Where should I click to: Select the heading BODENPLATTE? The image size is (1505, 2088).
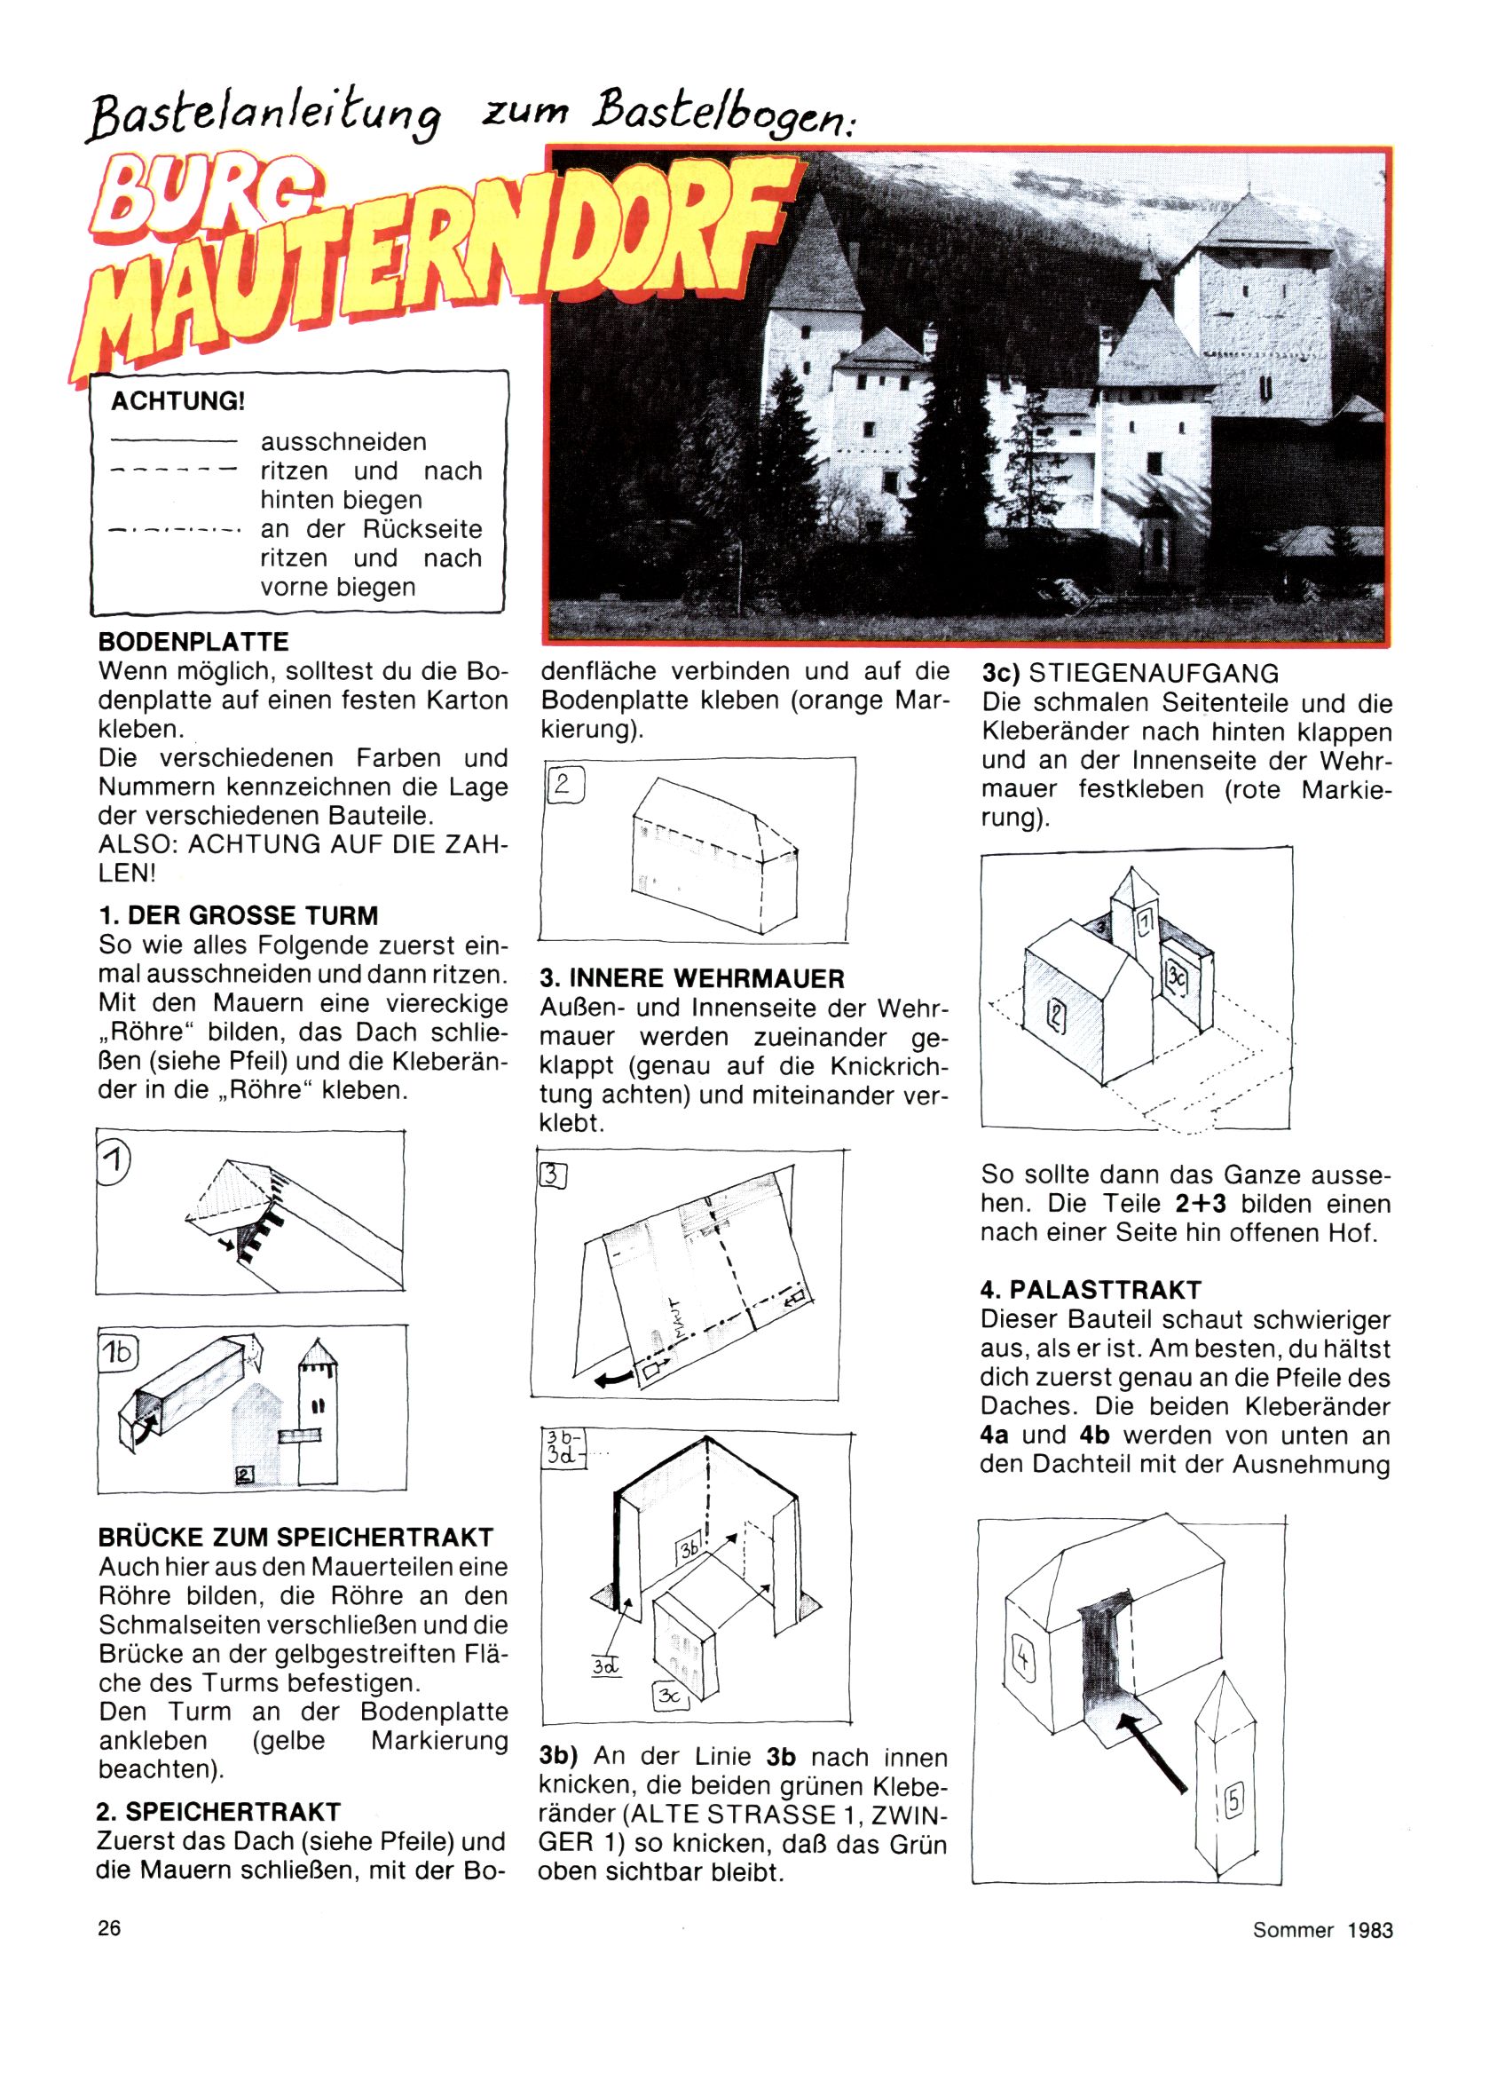193,642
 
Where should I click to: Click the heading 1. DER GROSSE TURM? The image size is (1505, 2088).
238,916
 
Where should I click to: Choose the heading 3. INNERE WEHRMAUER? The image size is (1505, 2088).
692,977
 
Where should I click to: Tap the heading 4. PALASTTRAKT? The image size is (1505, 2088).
1091,1290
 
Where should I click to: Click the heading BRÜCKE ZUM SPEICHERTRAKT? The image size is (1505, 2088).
295,1537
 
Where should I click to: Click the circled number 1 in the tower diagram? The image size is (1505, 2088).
114,1163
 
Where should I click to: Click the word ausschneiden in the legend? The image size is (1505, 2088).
343,442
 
